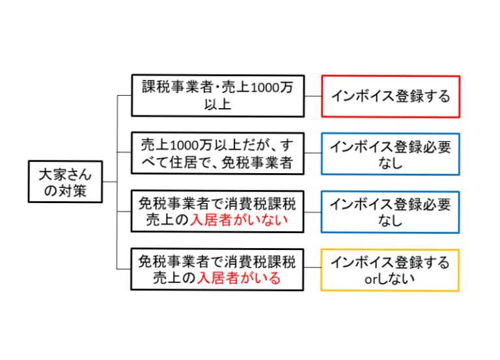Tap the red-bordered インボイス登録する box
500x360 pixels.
390,96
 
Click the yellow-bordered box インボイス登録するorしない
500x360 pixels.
390,270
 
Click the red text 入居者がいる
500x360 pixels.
239,279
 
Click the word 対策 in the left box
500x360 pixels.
76,191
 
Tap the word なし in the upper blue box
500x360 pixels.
390,163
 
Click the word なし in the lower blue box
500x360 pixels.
390,221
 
